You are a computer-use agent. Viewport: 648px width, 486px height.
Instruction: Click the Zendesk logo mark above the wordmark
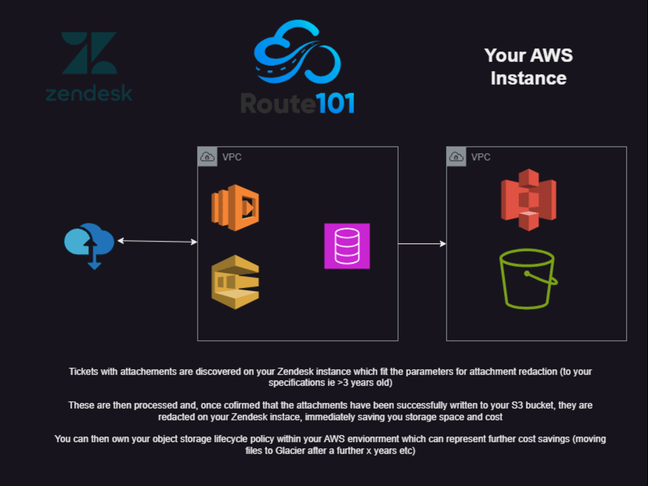pyautogui.click(x=89, y=53)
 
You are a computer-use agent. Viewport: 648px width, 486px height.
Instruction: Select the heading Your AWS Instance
pyautogui.click(x=528, y=66)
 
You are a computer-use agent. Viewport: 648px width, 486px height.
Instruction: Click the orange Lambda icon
pyautogui.click(x=235, y=208)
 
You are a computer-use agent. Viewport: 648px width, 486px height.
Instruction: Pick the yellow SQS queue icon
pyautogui.click(x=235, y=282)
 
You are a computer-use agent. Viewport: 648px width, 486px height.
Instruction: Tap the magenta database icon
pyautogui.click(x=347, y=246)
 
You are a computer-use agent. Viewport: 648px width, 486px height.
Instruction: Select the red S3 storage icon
pyautogui.click(x=528, y=199)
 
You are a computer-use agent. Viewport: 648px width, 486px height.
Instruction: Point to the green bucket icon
pyautogui.click(x=527, y=278)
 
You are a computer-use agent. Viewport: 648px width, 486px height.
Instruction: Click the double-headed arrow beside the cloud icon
pyautogui.click(x=158, y=241)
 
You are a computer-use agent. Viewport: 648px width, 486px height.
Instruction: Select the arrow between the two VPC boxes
pyautogui.click(x=422, y=244)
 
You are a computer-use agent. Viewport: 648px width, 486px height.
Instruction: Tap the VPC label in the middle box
pyautogui.click(x=232, y=157)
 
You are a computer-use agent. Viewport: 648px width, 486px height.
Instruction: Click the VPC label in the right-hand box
pyautogui.click(x=480, y=157)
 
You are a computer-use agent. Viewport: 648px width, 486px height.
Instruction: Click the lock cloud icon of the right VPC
pyautogui.click(x=456, y=156)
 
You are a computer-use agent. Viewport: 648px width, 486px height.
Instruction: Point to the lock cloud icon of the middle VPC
pyautogui.click(x=207, y=156)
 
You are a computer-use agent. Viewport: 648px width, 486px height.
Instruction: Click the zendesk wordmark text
pyautogui.click(x=89, y=93)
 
